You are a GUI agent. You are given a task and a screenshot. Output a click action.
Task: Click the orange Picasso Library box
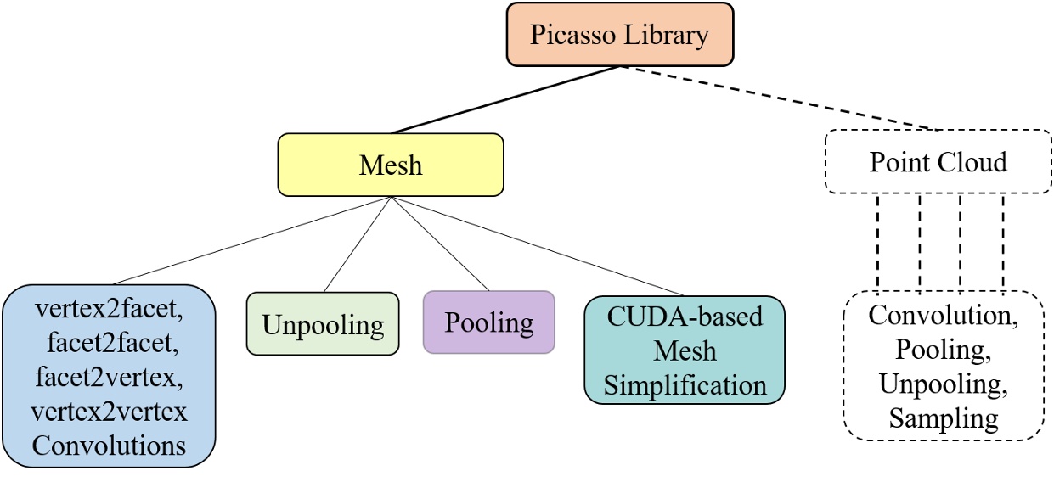(618, 35)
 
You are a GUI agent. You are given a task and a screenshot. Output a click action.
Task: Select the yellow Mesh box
(391, 165)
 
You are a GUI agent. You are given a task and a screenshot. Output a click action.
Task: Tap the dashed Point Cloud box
(938, 161)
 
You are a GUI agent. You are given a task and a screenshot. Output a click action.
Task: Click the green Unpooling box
(322, 323)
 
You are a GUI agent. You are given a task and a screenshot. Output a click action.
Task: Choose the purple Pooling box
(488, 322)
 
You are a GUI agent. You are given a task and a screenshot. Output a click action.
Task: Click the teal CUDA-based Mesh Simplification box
(684, 350)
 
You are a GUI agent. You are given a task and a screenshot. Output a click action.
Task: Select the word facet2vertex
(109, 378)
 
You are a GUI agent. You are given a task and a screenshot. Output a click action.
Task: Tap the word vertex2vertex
(109, 412)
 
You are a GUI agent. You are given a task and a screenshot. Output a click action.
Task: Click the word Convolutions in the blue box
(109, 445)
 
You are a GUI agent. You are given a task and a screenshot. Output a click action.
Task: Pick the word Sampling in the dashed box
(938, 418)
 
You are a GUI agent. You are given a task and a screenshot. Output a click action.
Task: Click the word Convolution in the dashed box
(938, 316)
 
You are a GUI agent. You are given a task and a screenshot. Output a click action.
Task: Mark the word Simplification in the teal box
(684, 384)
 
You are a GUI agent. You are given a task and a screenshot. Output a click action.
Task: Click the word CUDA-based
(685, 317)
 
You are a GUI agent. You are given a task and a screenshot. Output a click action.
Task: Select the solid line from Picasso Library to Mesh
(505, 99)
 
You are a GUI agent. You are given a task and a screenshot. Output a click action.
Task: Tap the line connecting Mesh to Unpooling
(357, 244)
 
